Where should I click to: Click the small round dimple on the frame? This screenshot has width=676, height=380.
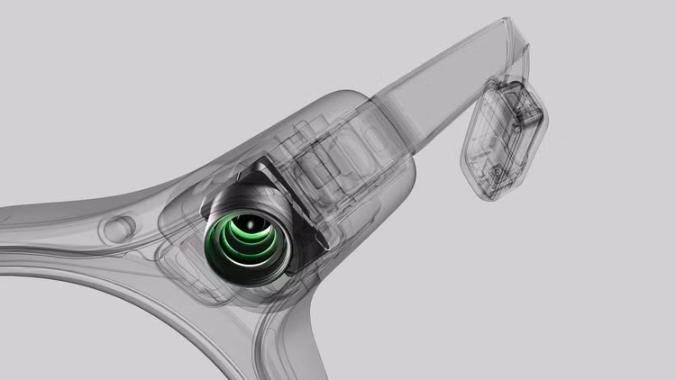tap(118, 229)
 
